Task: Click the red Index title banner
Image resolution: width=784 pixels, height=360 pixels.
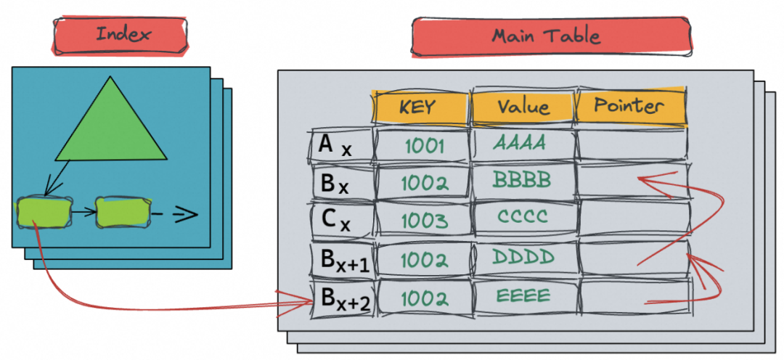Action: pyautogui.click(x=119, y=34)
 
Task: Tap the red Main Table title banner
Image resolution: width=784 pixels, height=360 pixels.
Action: pyautogui.click(x=550, y=36)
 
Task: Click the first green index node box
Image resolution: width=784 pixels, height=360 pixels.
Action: pyautogui.click(x=44, y=211)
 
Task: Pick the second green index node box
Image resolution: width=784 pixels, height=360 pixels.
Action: pyautogui.click(x=122, y=211)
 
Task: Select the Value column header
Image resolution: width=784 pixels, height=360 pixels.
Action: pyautogui.click(x=523, y=107)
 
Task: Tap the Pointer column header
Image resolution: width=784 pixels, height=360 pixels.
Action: pyautogui.click(x=629, y=107)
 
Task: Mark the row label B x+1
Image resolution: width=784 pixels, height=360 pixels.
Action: pyautogui.click(x=341, y=259)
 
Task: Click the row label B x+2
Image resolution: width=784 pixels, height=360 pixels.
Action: pyautogui.click(x=341, y=298)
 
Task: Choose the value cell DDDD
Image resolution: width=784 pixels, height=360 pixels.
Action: pyautogui.click(x=523, y=257)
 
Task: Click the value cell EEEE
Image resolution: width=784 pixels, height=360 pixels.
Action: pyautogui.click(x=523, y=296)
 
